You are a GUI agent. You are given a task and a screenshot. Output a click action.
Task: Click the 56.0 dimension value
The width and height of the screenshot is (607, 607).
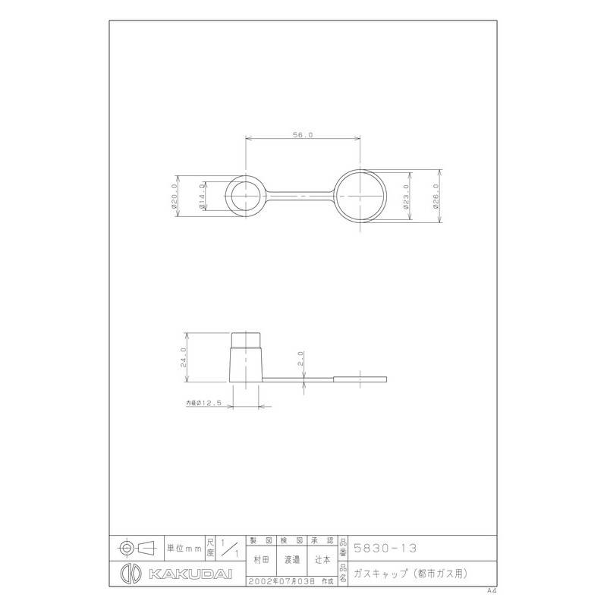click(x=302, y=134)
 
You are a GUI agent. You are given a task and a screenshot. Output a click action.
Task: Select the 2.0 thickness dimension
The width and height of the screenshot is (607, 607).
click(x=302, y=357)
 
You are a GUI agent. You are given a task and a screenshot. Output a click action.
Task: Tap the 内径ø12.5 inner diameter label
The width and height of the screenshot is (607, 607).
click(x=203, y=404)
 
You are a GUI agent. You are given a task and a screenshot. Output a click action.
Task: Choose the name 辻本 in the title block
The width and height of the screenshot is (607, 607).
click(x=322, y=558)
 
